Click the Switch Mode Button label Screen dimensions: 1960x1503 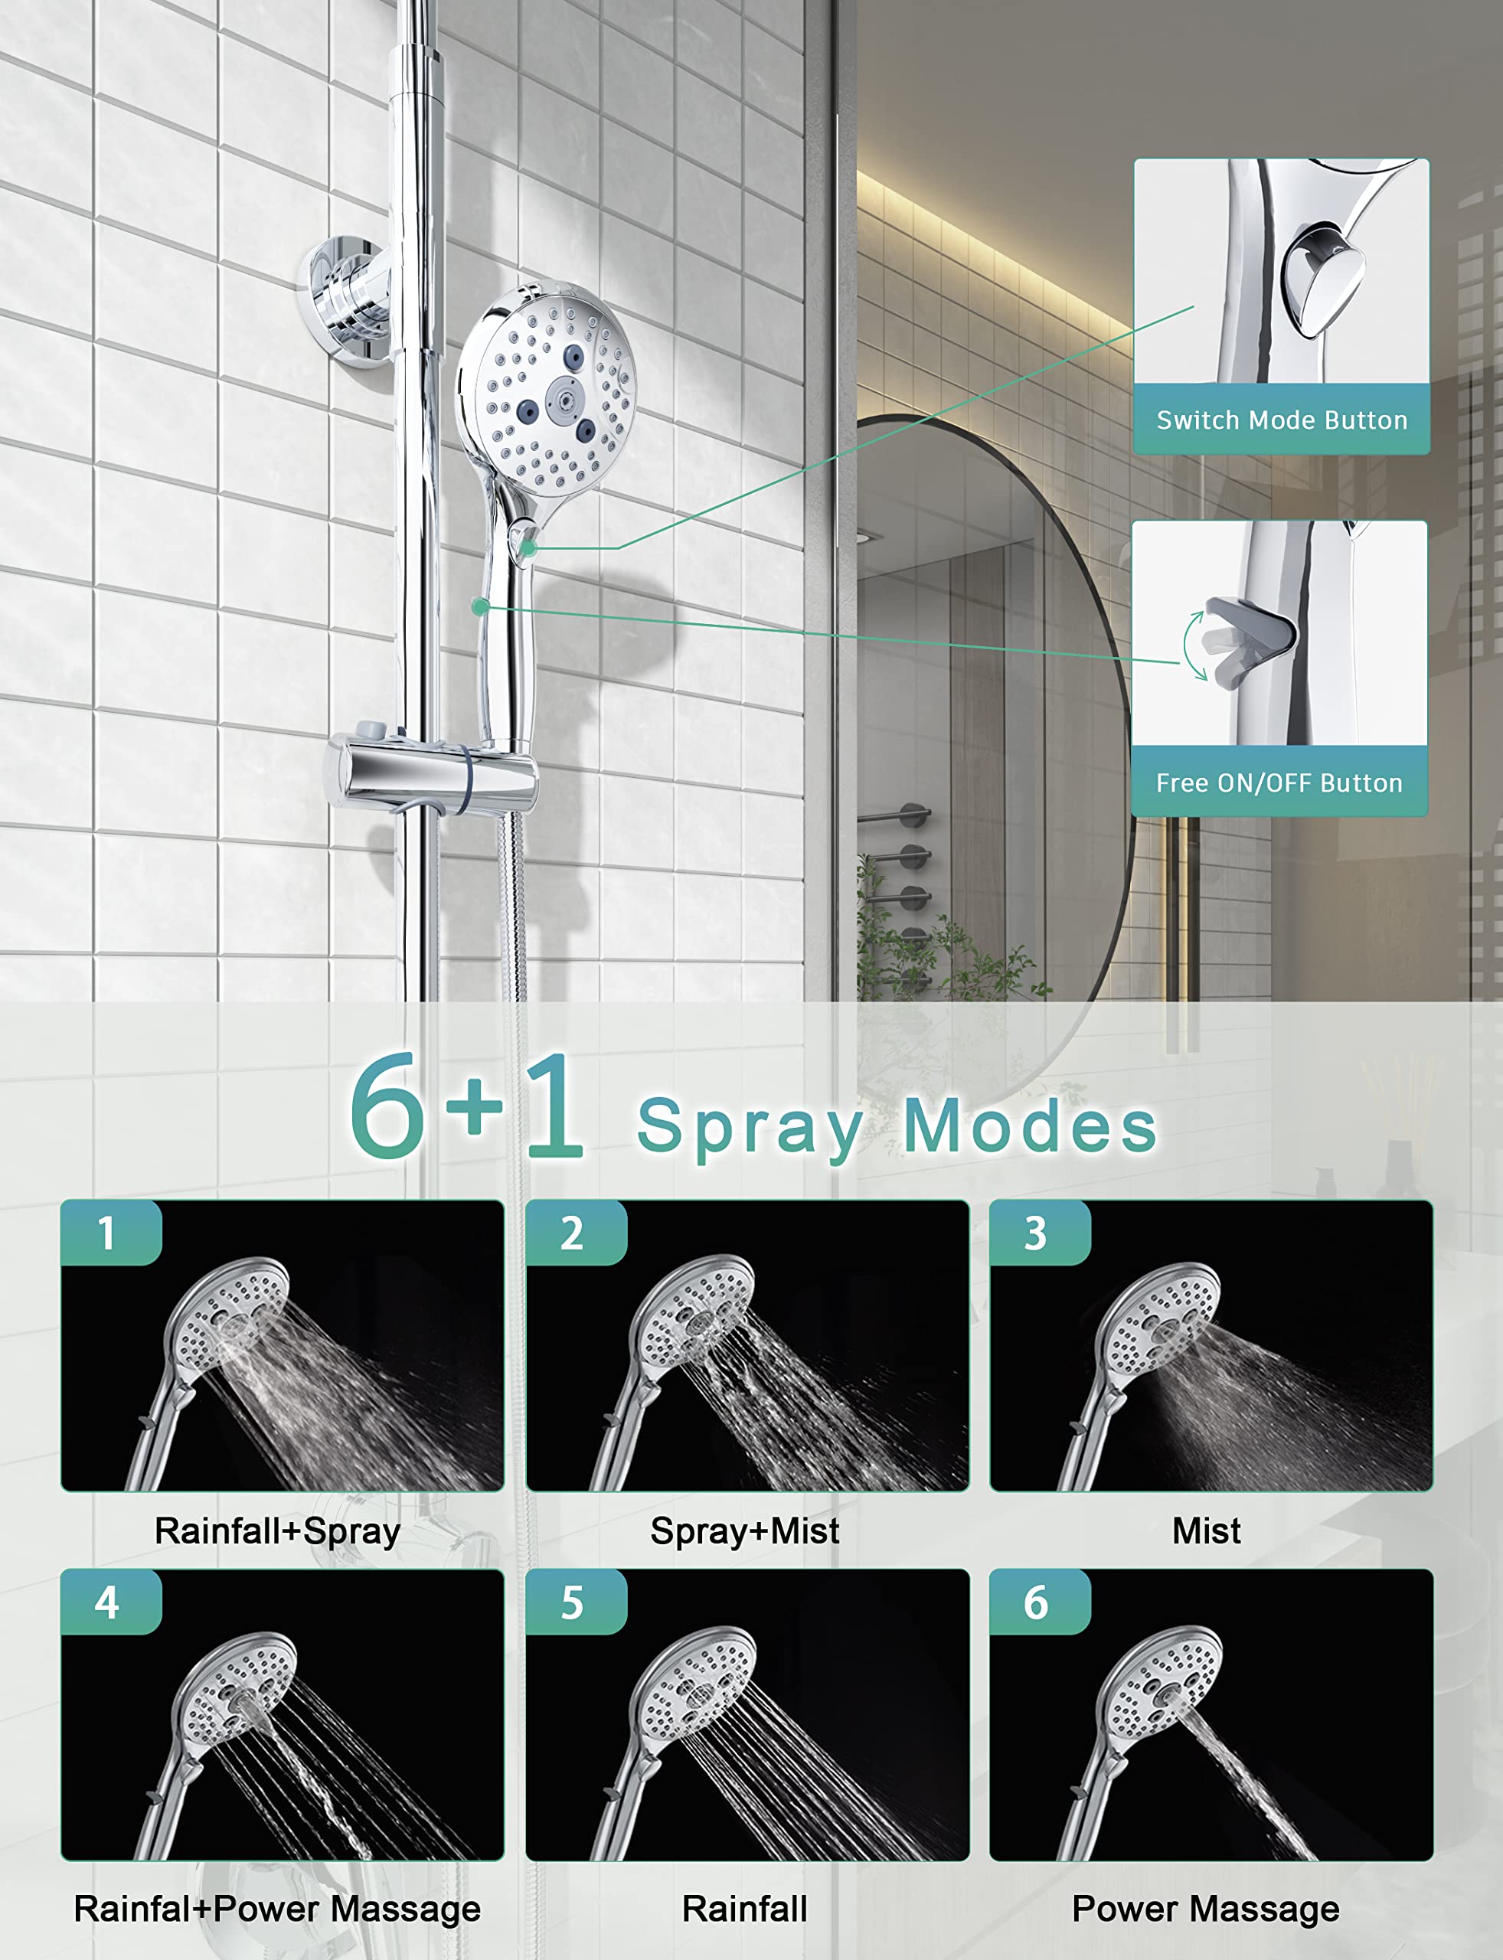coord(1281,420)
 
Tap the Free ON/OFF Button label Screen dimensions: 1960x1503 coord(1279,782)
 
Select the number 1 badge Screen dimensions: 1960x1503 coord(108,1233)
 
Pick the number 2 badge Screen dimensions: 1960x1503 coord(573,1233)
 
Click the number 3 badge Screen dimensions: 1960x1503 coord(1036,1233)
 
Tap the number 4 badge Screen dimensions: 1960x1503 coord(108,1601)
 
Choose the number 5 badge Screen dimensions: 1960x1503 coord(573,1601)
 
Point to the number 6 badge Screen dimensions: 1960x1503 coord(1036,1601)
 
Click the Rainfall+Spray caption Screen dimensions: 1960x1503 coord(277,1531)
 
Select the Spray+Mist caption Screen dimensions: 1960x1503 coord(744,1531)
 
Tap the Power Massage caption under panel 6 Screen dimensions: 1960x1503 coord(1205,1908)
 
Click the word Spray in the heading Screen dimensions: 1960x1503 coord(750,1127)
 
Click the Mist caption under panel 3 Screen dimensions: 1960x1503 coord(1206,1531)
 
